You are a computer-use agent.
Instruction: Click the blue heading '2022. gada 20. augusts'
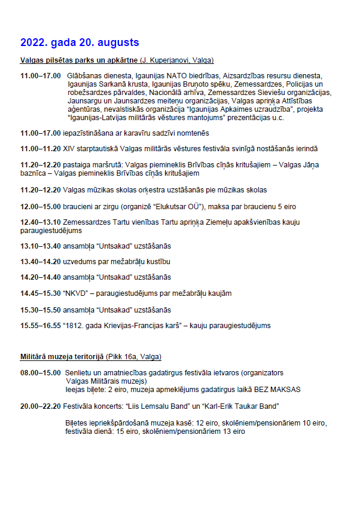(80, 42)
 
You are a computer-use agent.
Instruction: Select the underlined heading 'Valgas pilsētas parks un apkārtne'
(79, 60)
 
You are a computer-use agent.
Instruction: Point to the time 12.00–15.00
(41, 206)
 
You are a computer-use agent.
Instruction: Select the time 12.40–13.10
(41, 222)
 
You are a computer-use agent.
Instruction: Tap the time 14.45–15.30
(41, 293)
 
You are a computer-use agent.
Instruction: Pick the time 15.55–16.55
(41, 326)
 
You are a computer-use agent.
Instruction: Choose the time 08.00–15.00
(41, 373)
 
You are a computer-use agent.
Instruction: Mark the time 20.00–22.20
(41, 406)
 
